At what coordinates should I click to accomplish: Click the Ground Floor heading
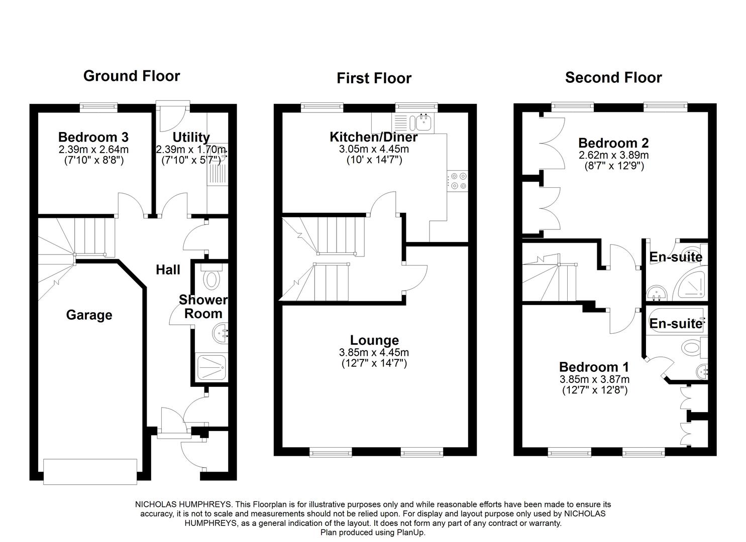pos(132,76)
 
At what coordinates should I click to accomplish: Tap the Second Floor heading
pos(613,77)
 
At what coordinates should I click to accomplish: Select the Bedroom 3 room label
pos(93,137)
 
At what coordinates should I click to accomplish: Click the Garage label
pos(89,315)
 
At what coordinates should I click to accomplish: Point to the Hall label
pos(168,269)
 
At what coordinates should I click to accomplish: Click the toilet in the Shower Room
pos(211,277)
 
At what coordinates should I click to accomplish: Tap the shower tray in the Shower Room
pos(211,368)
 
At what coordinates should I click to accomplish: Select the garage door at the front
pos(90,472)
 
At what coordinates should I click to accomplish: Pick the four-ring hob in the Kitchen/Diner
pos(457,181)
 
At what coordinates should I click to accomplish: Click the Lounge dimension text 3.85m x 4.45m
pos(374,352)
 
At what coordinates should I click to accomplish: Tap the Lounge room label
pos(374,340)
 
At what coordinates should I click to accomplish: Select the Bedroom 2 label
pos(613,143)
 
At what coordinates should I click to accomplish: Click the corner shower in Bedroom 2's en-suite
pos(690,284)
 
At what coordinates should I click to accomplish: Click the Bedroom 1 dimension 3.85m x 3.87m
pos(594,379)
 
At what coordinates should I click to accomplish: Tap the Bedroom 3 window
pos(98,107)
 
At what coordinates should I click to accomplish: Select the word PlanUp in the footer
pos(411,532)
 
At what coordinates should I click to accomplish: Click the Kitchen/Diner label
pos(374,137)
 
